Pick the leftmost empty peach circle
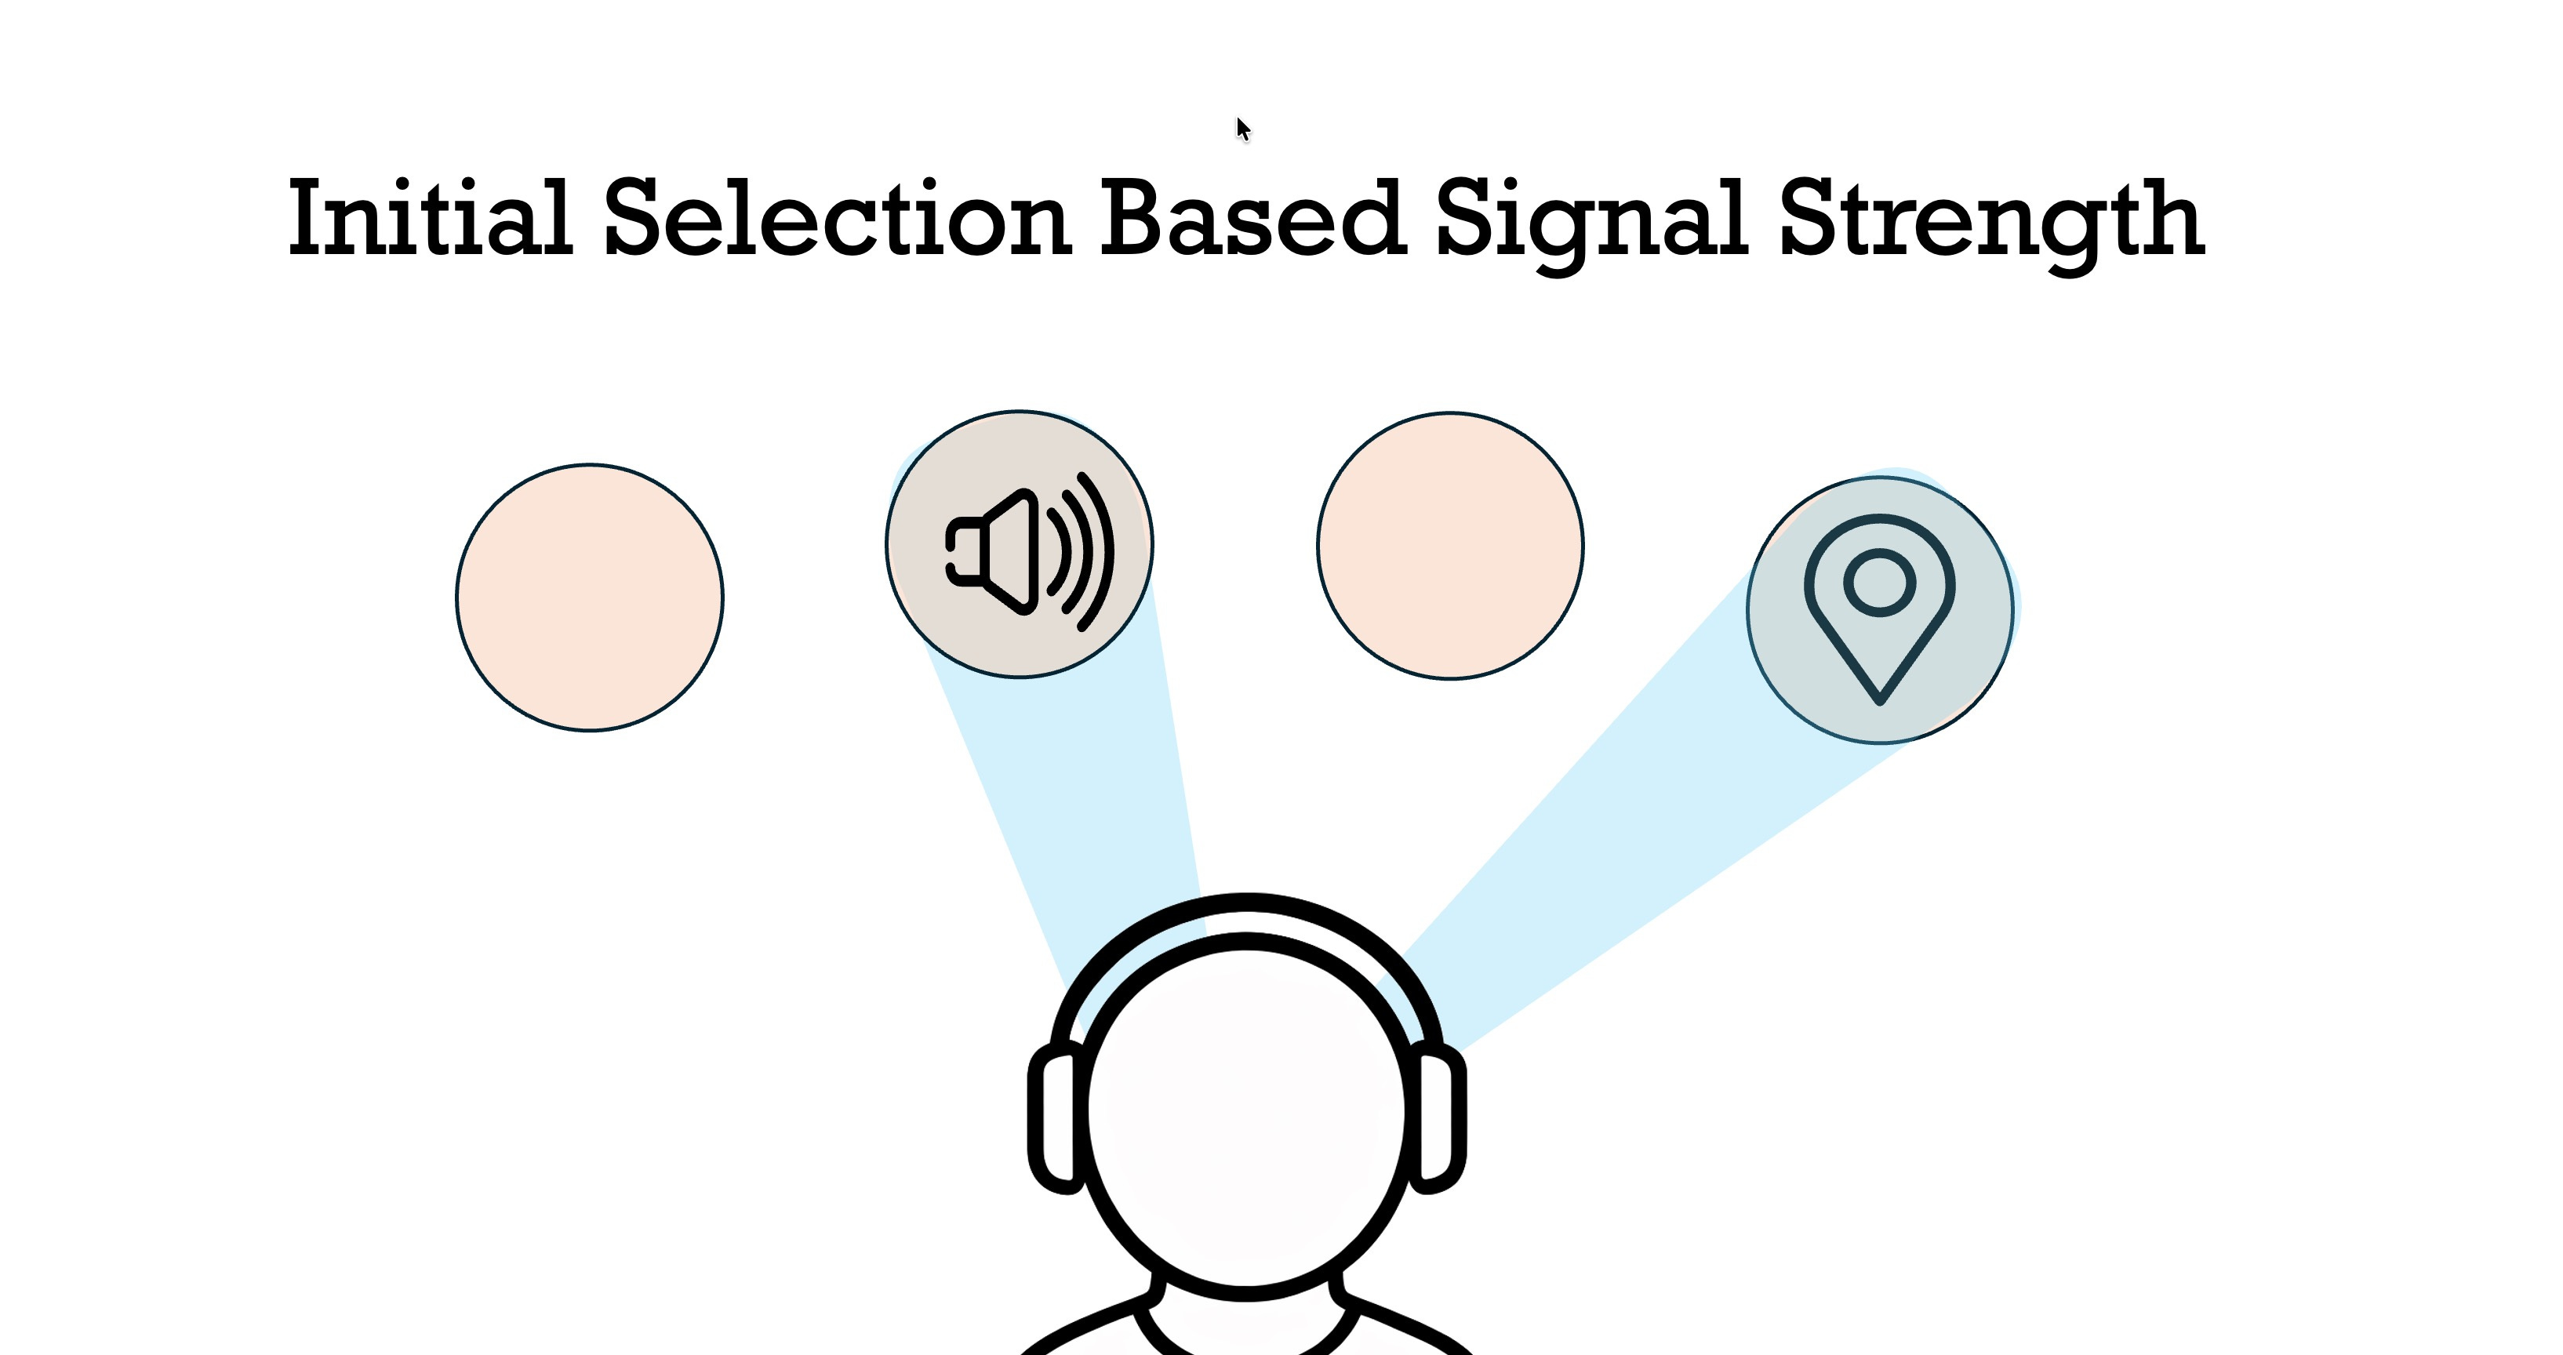pos(590,597)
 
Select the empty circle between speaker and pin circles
pos(1449,545)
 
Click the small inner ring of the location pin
pos(1879,582)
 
